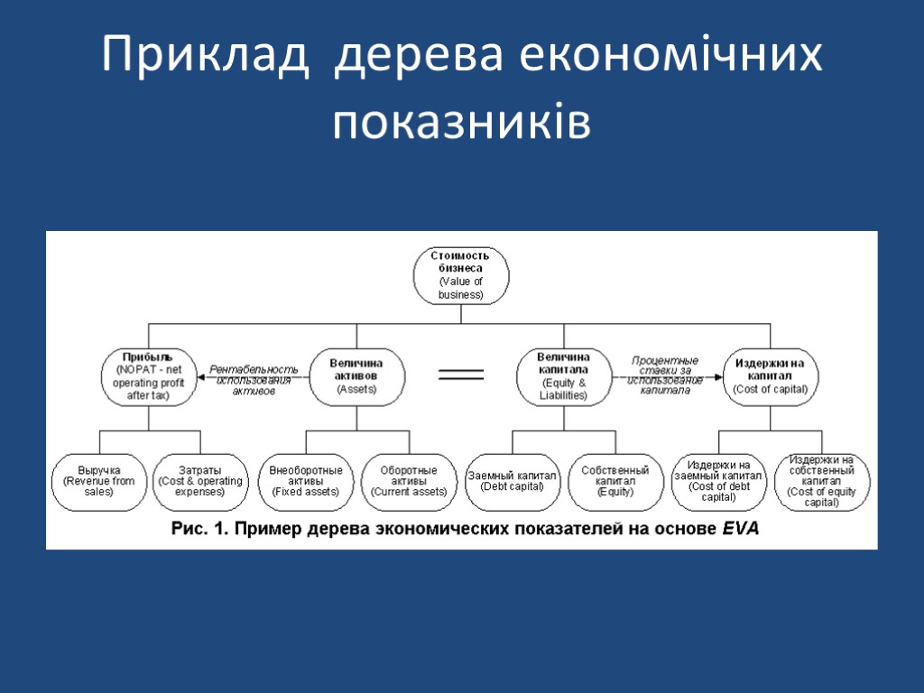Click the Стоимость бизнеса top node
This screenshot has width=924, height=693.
tap(461, 274)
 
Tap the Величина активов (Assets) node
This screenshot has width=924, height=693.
tap(356, 375)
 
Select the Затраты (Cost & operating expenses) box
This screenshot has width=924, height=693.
tap(199, 481)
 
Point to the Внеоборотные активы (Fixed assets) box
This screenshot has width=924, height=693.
tap(306, 481)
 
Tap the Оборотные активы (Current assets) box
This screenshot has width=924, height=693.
tap(408, 481)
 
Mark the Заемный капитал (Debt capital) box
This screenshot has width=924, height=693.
tap(512, 481)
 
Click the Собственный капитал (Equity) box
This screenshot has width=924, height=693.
tap(615, 481)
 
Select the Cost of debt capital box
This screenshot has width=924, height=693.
tap(718, 481)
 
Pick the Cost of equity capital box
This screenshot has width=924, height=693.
tap(821, 481)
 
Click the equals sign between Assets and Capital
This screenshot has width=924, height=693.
tap(460, 374)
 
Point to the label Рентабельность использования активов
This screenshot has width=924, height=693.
tap(254, 380)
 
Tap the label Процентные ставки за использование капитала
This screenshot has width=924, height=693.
tap(665, 375)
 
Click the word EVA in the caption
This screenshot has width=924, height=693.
tap(741, 531)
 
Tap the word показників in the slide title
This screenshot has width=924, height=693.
tap(462, 122)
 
